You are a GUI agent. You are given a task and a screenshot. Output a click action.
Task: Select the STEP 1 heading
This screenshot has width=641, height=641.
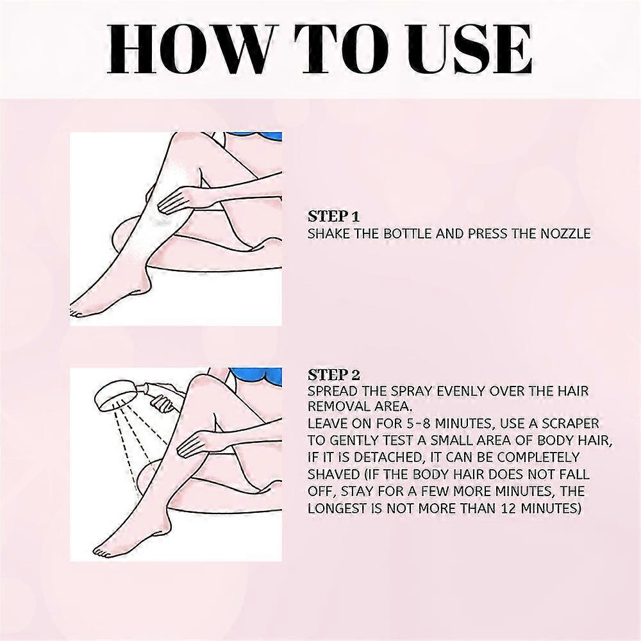(x=333, y=216)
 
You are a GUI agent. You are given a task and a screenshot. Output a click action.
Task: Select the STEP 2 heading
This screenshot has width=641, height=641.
(x=334, y=374)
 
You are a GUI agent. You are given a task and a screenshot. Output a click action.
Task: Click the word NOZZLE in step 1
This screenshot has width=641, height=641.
(x=565, y=233)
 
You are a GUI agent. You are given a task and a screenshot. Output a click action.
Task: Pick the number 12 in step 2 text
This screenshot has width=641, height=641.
(x=515, y=508)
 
